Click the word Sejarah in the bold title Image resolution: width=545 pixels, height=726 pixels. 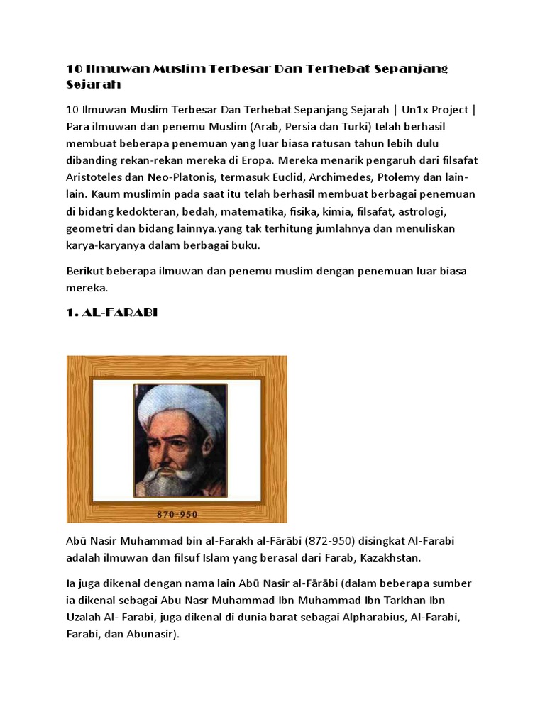[94, 84]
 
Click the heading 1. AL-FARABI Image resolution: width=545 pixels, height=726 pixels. [111, 312]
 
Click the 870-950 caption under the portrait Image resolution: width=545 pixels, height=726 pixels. [177, 514]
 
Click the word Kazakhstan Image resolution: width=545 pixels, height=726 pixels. [391, 558]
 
